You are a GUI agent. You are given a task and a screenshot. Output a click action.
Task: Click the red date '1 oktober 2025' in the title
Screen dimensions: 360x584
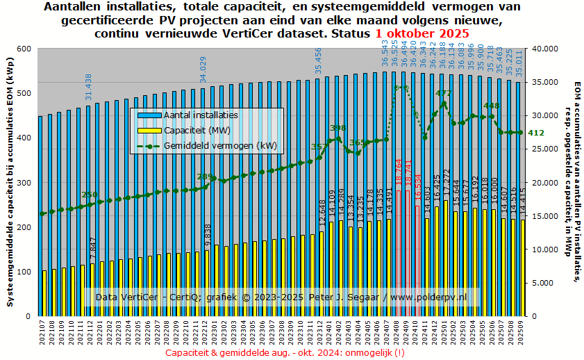pyautogui.click(x=422, y=33)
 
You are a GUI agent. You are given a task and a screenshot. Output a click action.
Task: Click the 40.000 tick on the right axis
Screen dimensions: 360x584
pyautogui.click(x=542, y=49)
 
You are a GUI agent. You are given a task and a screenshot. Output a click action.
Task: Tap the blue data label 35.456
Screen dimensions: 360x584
pyautogui.click(x=319, y=60)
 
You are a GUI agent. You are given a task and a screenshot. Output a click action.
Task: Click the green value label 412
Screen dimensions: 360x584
pyautogui.click(x=536, y=133)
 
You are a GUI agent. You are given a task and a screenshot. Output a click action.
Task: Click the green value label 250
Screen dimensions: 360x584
pyautogui.click(x=90, y=195)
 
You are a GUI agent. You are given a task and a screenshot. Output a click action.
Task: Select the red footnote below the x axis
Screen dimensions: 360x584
pyautogui.click(x=285, y=353)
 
